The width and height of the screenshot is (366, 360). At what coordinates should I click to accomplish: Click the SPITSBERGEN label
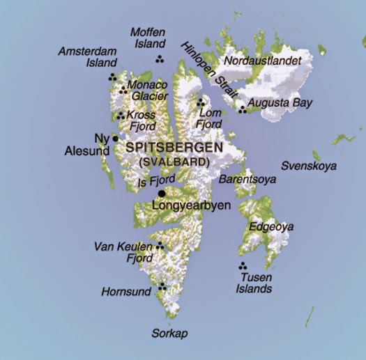click(x=174, y=148)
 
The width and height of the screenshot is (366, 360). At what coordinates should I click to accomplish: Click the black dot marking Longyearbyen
click(x=162, y=194)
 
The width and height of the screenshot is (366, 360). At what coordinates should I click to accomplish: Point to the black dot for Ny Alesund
click(x=115, y=139)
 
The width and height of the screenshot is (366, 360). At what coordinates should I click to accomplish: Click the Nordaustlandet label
click(x=262, y=61)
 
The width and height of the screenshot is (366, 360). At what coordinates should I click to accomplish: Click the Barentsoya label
click(x=247, y=179)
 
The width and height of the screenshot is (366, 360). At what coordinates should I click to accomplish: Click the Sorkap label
click(x=171, y=333)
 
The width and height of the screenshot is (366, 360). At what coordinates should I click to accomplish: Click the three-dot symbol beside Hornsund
click(x=162, y=285)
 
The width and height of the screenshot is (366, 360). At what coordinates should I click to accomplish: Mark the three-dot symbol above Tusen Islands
click(x=243, y=266)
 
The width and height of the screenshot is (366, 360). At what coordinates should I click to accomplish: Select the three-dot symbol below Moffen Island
click(x=160, y=59)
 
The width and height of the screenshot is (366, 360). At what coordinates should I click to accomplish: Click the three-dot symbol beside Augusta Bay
click(x=242, y=108)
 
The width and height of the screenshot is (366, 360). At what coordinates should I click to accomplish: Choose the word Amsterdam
click(x=85, y=52)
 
